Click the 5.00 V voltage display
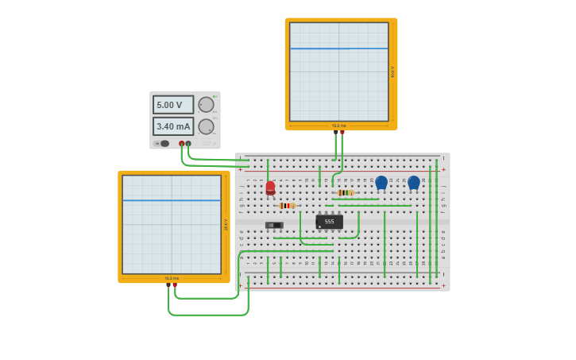[x=172, y=105]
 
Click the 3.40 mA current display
[x=172, y=126]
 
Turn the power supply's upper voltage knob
[x=206, y=105]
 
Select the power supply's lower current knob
[x=206, y=126]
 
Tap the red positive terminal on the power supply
[x=182, y=144]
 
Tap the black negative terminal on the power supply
[x=188, y=144]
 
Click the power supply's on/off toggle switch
[x=164, y=144]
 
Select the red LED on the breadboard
[x=270, y=188]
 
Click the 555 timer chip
[x=330, y=222]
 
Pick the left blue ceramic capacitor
[x=381, y=183]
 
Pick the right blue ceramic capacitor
[x=414, y=183]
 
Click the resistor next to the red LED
[x=287, y=206]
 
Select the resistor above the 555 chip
[x=345, y=192]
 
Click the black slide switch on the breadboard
[x=274, y=225]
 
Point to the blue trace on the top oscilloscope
[x=339, y=48]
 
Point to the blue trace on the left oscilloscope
[x=172, y=200]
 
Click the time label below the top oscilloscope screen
[x=339, y=126]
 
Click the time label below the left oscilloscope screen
[x=172, y=278]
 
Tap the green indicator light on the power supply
[x=215, y=96]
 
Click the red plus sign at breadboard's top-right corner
[x=443, y=169]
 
